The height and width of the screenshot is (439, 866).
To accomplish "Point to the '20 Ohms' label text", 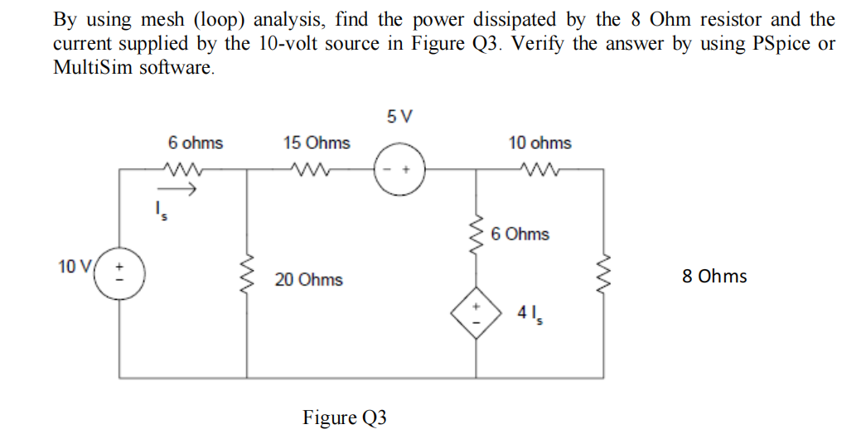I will [308, 280].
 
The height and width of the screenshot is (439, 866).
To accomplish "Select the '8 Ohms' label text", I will [714, 277].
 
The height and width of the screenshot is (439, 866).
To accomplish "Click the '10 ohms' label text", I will [539, 143].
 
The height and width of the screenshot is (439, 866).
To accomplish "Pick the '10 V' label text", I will [74, 266].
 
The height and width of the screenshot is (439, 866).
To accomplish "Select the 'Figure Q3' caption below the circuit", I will [345, 417].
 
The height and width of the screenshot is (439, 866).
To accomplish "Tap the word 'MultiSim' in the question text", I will [88, 67].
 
